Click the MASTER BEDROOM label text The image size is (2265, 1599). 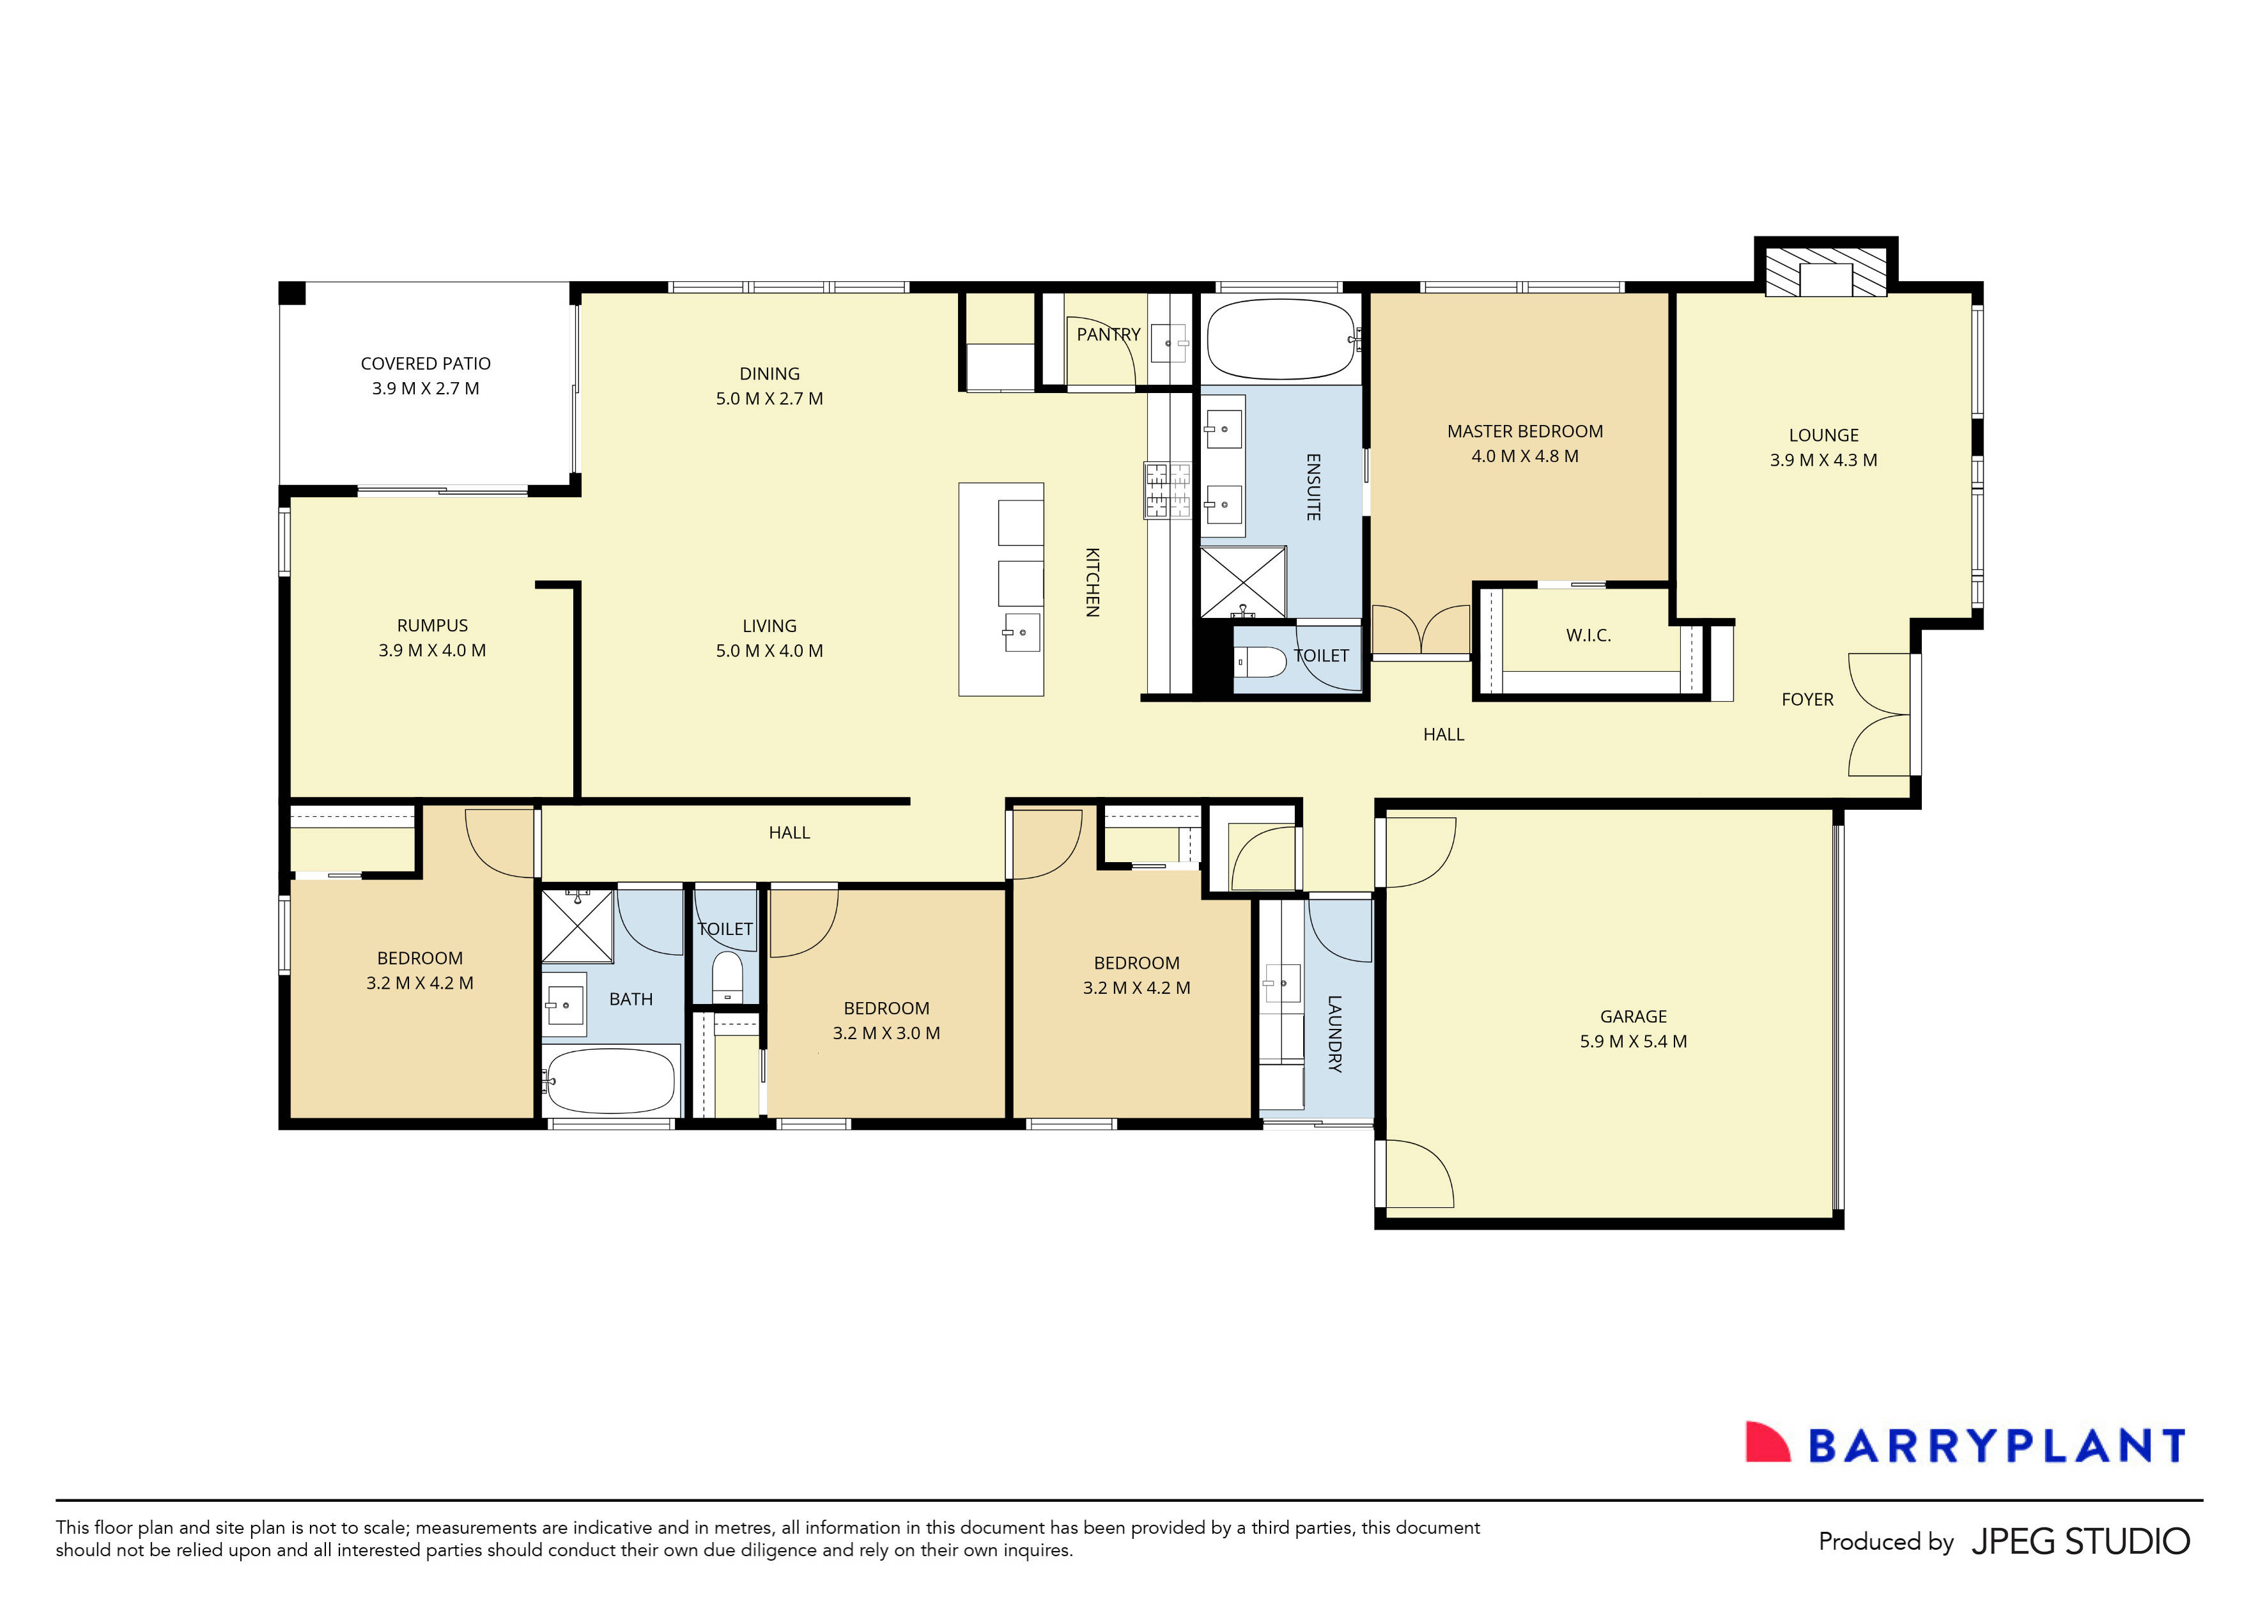pos(1524,431)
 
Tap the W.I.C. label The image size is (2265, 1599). pos(1588,635)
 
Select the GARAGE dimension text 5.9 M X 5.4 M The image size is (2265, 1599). pos(1633,1040)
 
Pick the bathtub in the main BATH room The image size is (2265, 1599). pos(610,1080)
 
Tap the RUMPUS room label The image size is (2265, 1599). pos(432,626)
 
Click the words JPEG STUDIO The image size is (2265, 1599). pos(2080,1541)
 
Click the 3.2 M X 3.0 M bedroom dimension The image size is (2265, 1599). pos(886,1033)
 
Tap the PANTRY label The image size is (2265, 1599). pos(1108,334)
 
